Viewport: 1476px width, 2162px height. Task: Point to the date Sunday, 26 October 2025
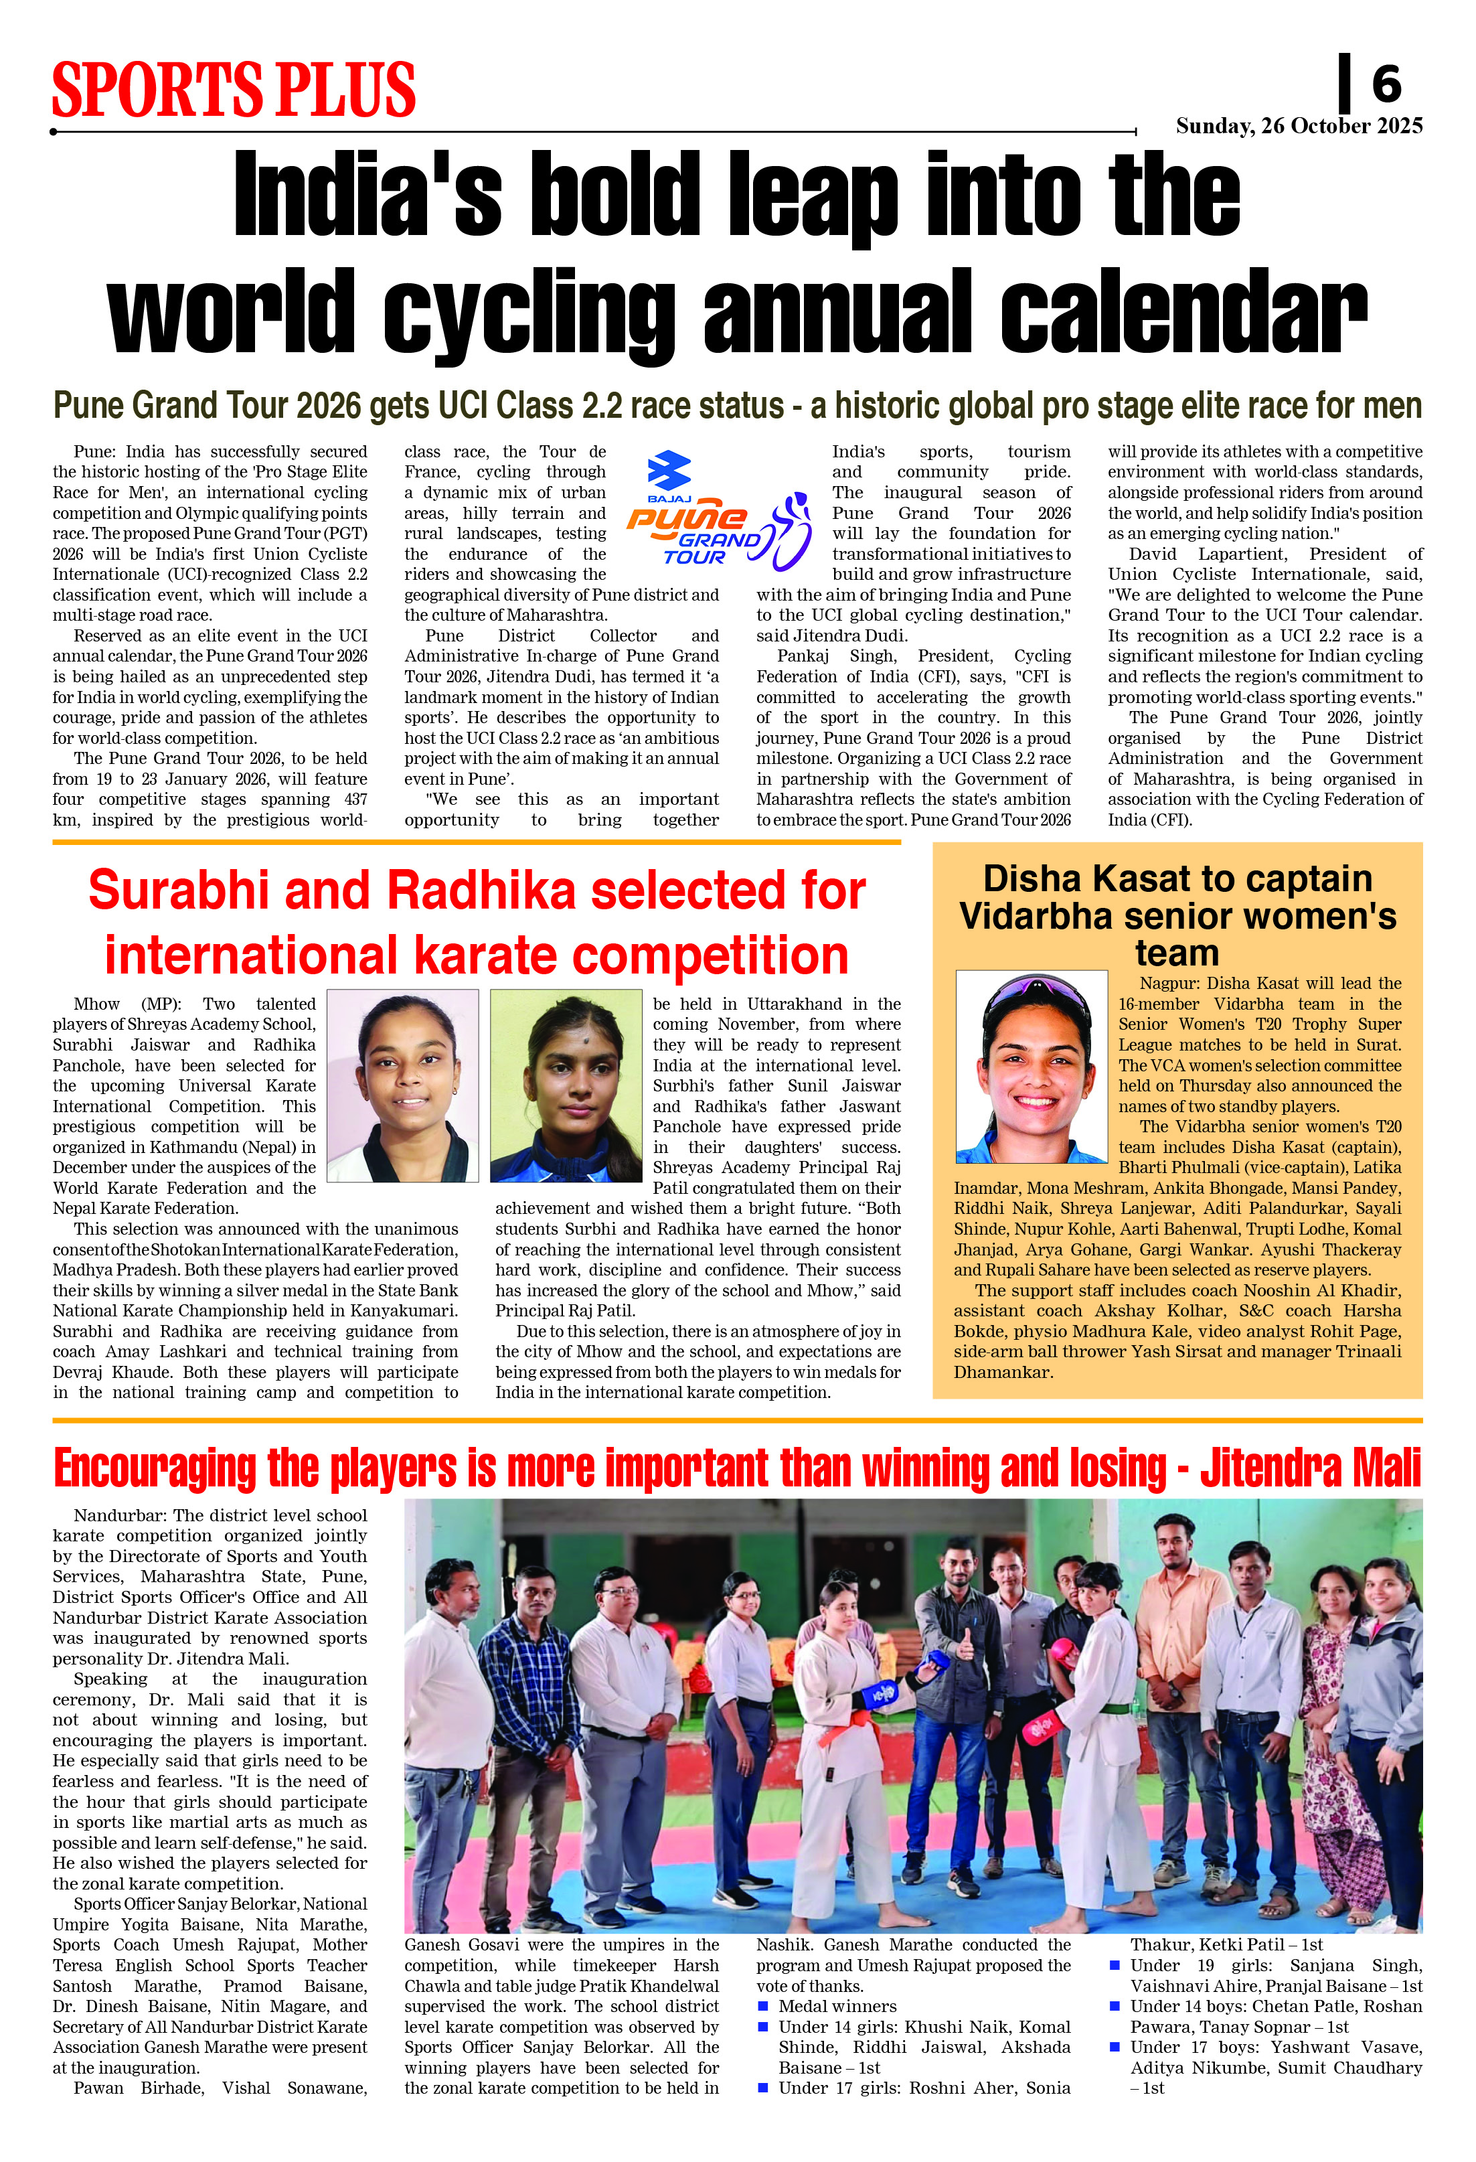tap(1299, 126)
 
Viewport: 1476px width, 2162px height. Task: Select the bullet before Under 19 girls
tap(1115, 1966)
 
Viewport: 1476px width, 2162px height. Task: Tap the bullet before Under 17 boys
tap(1115, 2048)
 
